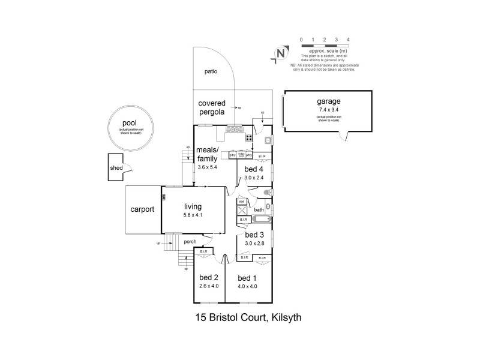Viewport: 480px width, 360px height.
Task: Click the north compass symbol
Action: [280, 53]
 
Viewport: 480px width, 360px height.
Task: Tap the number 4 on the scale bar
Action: [348, 40]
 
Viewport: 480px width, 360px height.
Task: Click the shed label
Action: [116, 168]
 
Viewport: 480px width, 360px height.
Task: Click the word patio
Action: [210, 71]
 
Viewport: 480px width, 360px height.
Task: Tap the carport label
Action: [143, 209]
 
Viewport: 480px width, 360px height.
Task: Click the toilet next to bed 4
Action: [268, 191]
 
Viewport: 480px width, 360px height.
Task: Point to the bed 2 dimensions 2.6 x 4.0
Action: [208, 286]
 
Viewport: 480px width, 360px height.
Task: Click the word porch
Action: [190, 242]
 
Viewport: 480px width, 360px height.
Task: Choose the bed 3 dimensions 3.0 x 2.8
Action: [254, 243]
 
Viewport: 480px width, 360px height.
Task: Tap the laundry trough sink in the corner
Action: [267, 140]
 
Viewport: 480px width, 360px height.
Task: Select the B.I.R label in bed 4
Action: [262, 155]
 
